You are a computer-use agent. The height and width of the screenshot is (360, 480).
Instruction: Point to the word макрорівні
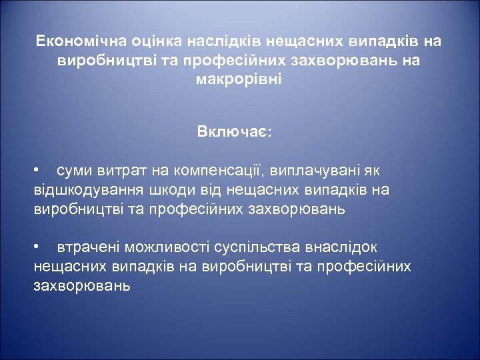pyautogui.click(x=239, y=79)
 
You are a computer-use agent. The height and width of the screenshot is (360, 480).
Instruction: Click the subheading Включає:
pyautogui.click(x=234, y=131)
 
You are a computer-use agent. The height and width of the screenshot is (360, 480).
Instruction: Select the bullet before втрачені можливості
pyautogui.click(x=38, y=247)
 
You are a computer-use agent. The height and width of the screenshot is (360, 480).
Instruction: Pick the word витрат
pyautogui.click(x=116, y=171)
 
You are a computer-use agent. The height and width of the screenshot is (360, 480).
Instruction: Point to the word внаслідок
pyautogui.click(x=341, y=247)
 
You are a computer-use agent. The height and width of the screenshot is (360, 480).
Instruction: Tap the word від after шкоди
pyautogui.click(x=195, y=190)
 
